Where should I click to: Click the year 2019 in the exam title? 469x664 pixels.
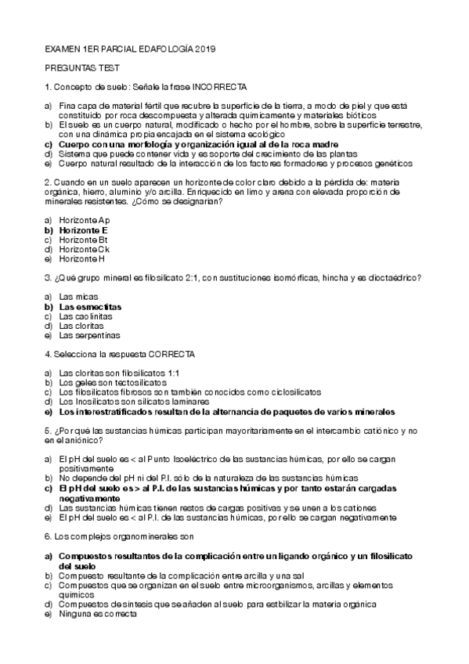[203, 49]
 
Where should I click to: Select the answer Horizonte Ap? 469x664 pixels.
[85, 221]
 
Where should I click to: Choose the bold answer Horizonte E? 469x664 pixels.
[83, 230]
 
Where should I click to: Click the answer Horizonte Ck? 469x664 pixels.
[85, 249]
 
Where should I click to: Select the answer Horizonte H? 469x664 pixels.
[82, 258]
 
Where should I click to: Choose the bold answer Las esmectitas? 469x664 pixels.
[90, 307]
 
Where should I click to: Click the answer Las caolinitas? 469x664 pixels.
[86, 316]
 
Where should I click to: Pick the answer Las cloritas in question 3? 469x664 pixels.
[82, 326]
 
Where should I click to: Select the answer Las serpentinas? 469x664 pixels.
[89, 335]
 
